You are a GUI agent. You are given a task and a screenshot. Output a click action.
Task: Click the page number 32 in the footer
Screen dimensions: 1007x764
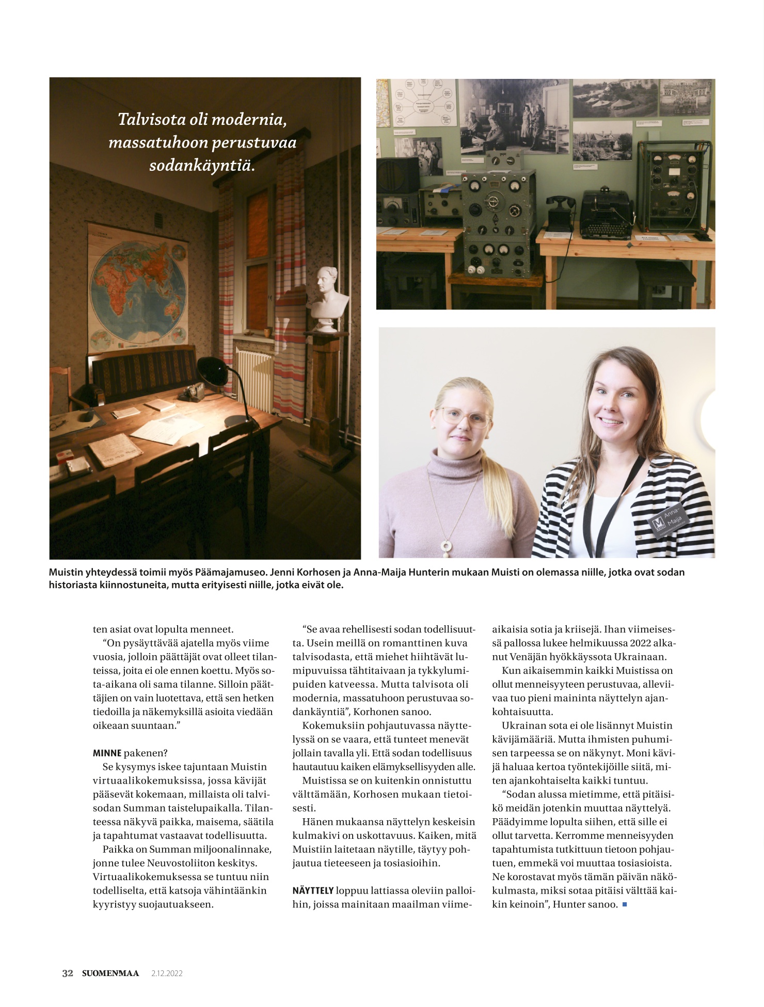pos(68,973)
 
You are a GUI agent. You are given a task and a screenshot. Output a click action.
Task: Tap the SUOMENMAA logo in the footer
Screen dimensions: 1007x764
pos(110,973)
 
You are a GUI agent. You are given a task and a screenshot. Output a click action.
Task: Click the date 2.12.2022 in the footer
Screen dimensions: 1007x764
pos(167,973)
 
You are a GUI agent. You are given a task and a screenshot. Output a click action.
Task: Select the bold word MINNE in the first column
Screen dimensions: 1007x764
pos(107,753)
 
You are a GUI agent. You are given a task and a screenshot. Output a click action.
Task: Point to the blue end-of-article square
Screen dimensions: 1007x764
pos(625,904)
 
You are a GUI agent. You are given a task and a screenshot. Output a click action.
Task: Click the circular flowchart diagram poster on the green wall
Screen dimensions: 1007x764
pos(424,102)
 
